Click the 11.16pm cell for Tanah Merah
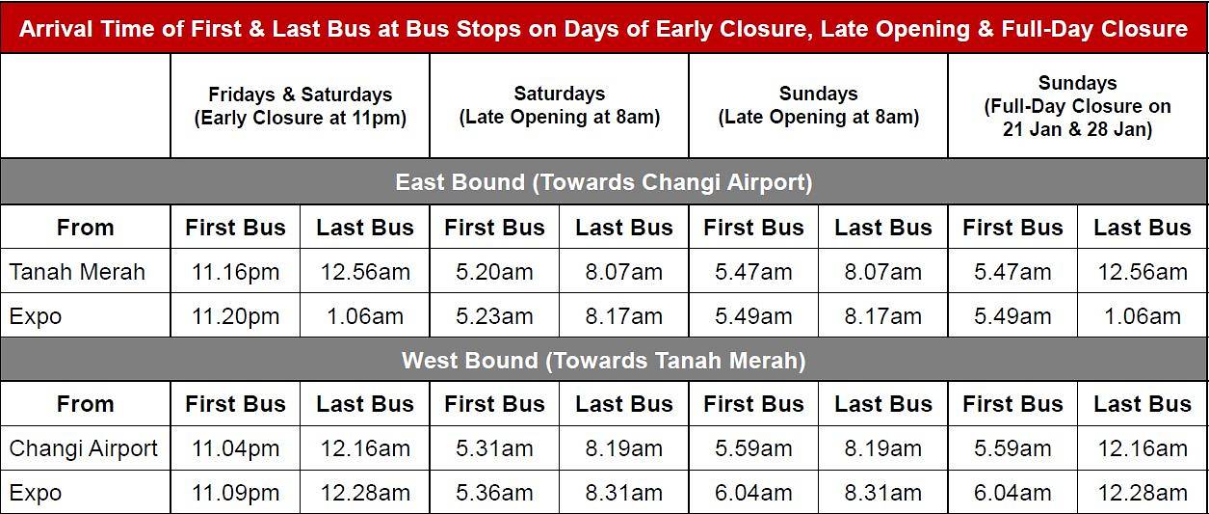(x=235, y=271)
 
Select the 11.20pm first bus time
(x=235, y=316)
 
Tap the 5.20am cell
(x=494, y=271)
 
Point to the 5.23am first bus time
(x=494, y=316)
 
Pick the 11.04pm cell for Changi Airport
(x=235, y=448)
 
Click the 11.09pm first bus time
(x=235, y=493)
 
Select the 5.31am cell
(x=494, y=448)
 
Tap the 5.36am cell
(x=494, y=493)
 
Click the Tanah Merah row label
(x=77, y=271)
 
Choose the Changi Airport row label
(x=83, y=448)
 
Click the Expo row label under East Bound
(x=35, y=316)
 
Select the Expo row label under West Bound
(x=35, y=493)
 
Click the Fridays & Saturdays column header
(x=301, y=106)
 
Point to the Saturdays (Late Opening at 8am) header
(x=559, y=105)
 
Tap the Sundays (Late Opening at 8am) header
(x=818, y=105)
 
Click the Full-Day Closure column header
(x=1077, y=106)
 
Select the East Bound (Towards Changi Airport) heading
(x=603, y=182)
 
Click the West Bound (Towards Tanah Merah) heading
(x=603, y=361)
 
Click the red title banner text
(x=603, y=29)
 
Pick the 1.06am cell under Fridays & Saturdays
(x=365, y=316)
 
